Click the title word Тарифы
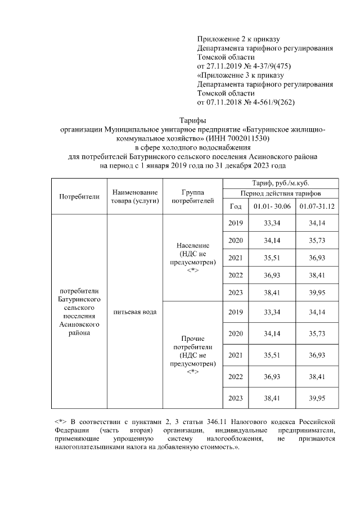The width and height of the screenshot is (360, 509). pyautogui.click(x=192, y=120)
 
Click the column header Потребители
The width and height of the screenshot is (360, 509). pyautogui.click(x=79, y=196)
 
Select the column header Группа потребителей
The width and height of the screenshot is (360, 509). pyautogui.click(x=193, y=196)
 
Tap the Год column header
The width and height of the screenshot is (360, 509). pyautogui.click(x=236, y=206)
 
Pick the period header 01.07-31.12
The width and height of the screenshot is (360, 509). pyautogui.click(x=317, y=206)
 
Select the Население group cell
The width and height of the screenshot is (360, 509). pyautogui.click(x=193, y=258)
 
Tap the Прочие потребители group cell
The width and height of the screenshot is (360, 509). pyautogui.click(x=193, y=355)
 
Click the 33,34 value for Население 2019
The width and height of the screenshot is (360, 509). pyautogui.click(x=273, y=223)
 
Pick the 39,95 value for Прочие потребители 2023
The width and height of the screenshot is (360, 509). pyautogui.click(x=317, y=398)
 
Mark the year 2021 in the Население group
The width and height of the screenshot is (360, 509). pyautogui.click(x=236, y=258)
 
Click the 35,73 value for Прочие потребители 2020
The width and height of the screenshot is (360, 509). pyautogui.click(x=317, y=334)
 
